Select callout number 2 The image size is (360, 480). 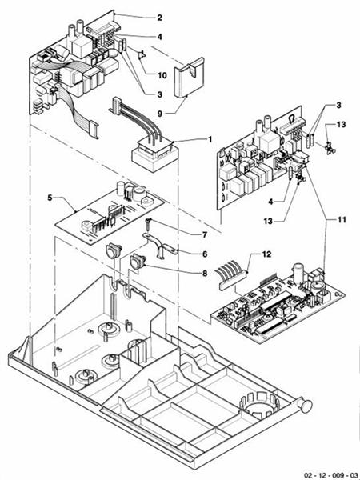[158, 17]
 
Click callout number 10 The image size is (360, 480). [162, 76]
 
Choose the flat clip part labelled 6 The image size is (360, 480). [160, 246]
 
